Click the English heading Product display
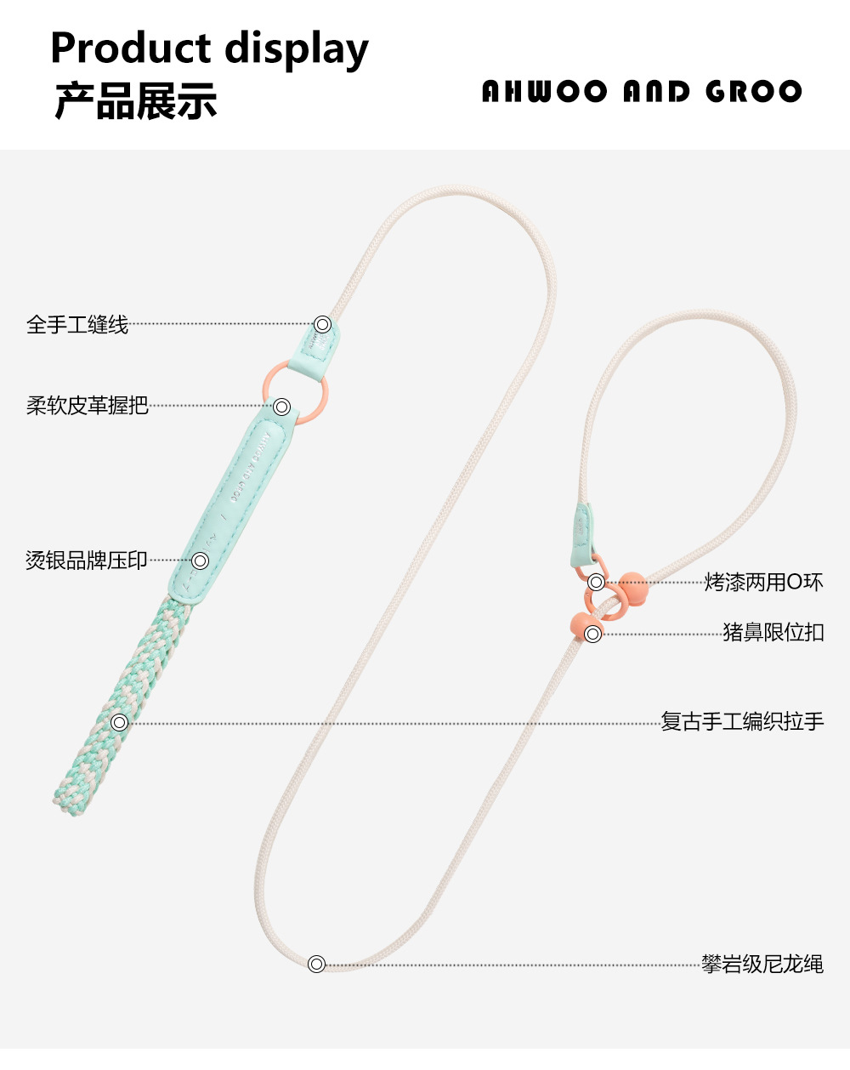(209, 48)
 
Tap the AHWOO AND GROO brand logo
(642, 92)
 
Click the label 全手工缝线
(77, 324)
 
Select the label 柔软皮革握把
(88, 406)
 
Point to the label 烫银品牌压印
(87, 561)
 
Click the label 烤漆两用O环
(763, 583)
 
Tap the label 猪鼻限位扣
(773, 633)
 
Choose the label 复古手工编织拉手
(742, 722)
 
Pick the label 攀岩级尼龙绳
(762, 965)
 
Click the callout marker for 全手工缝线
(322, 324)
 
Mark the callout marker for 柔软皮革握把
(283, 407)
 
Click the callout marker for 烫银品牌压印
(201, 561)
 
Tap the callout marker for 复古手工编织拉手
(120, 723)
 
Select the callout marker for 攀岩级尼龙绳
(316, 965)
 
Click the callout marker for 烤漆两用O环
(597, 583)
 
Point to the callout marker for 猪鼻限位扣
(593, 634)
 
